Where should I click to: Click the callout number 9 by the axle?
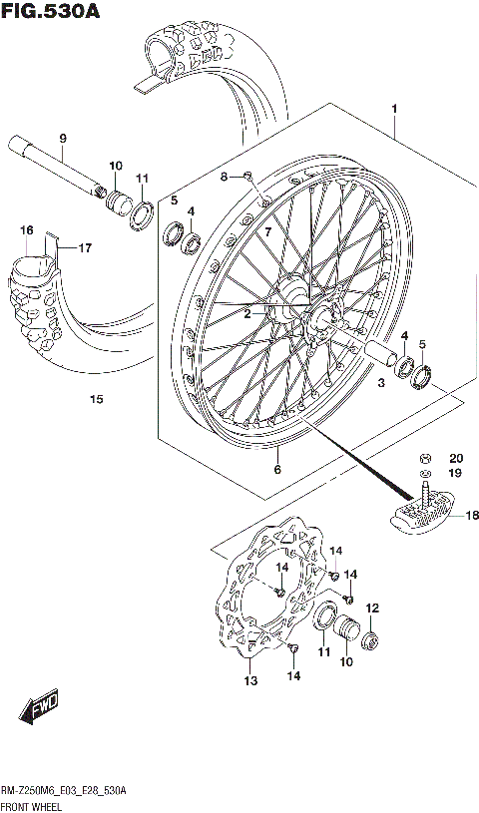62,138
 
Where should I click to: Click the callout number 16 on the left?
26,230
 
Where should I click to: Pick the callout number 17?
85,247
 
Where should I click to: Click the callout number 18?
472,515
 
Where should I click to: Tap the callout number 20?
455,458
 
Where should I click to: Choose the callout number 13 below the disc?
249,681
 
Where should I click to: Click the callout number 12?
373,608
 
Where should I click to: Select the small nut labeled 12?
369,639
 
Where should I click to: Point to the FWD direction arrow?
38,711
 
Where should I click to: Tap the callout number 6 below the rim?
277,470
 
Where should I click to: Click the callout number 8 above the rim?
225,177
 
